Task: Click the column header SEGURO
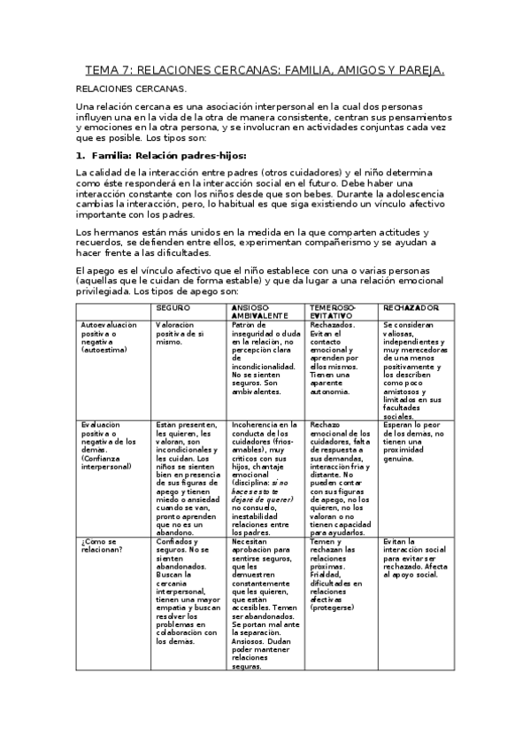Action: pyautogui.click(x=173, y=306)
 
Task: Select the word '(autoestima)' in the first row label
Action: pyautogui.click(x=104, y=350)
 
